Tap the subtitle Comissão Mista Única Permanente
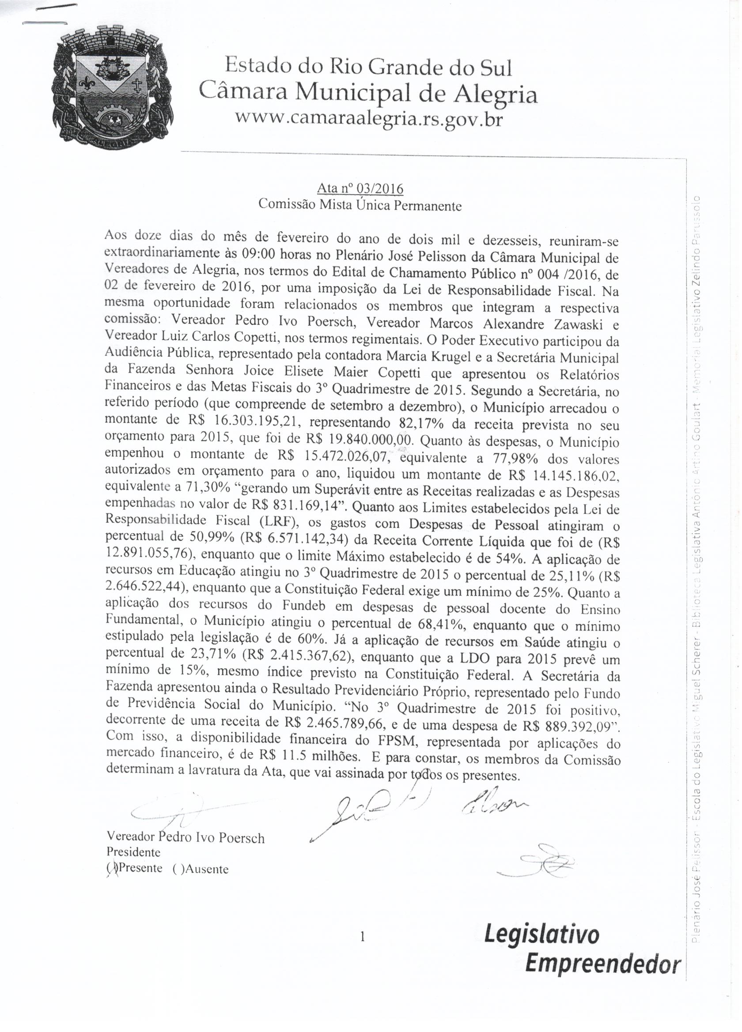pyautogui.click(x=360, y=205)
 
